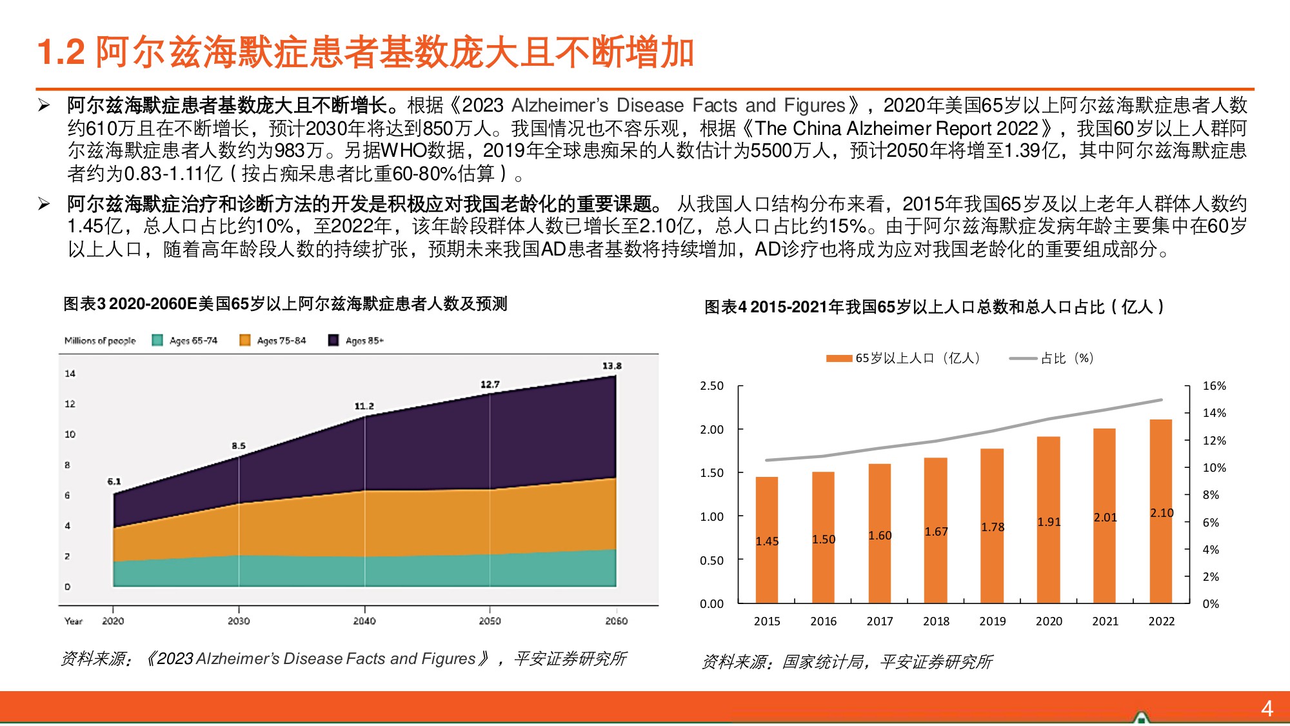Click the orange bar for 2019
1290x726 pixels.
pyautogui.click(x=992, y=526)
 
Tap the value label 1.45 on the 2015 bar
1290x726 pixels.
pyautogui.click(x=767, y=541)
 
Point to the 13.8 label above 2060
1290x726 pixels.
pyautogui.click(x=611, y=366)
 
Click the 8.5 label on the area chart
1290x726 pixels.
pyautogui.click(x=239, y=445)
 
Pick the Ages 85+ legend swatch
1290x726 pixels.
pyautogui.click(x=333, y=340)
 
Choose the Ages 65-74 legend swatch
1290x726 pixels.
pyautogui.click(x=157, y=340)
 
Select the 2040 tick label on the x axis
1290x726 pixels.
pyautogui.click(x=364, y=621)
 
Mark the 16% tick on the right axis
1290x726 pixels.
pyautogui.click(x=1214, y=386)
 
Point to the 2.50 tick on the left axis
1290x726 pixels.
pyautogui.click(x=711, y=386)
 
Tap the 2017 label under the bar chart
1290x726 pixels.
pyautogui.click(x=880, y=621)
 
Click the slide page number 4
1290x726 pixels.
pyautogui.click(x=1267, y=709)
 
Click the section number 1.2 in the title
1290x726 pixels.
pyautogui.click(x=61, y=52)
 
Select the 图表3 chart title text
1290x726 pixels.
pyautogui.click(x=285, y=303)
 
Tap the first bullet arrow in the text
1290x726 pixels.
pyautogui.click(x=44, y=105)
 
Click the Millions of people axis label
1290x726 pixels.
pyautogui.click(x=100, y=341)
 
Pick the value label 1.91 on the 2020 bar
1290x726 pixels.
pyautogui.click(x=1049, y=522)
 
